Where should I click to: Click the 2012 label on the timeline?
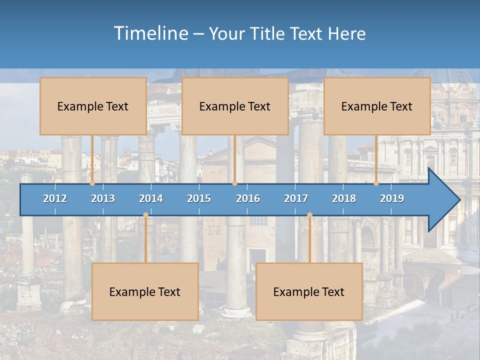(x=55, y=198)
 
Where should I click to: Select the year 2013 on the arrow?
(x=103, y=198)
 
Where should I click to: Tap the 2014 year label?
(x=151, y=198)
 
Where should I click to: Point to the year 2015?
(x=199, y=198)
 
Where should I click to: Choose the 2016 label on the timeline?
(x=248, y=198)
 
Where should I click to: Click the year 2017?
(x=296, y=198)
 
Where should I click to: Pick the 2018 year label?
(x=344, y=198)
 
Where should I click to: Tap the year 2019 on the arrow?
(x=392, y=198)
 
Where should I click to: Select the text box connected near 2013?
(x=93, y=106)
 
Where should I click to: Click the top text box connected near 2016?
(x=235, y=106)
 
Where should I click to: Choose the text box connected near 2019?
(x=377, y=106)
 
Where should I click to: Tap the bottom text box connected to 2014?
(x=145, y=291)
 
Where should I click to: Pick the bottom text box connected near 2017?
(x=309, y=291)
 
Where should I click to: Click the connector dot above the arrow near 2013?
(x=92, y=183)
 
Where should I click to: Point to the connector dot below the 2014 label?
(x=145, y=215)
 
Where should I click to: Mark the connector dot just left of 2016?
(x=234, y=183)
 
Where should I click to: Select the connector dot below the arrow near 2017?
(x=309, y=215)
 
